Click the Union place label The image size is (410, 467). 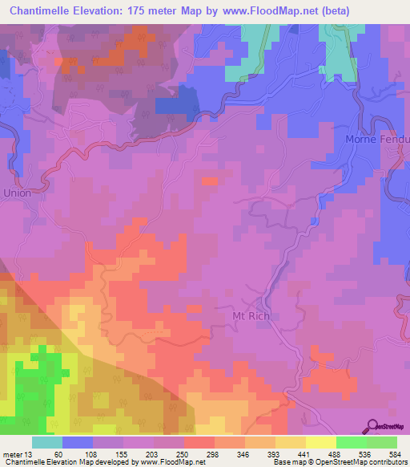tap(17, 193)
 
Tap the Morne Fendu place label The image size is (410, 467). tap(376, 139)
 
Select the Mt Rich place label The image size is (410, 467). tap(246, 316)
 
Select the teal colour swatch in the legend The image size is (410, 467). tap(47, 442)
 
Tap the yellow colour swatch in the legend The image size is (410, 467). tap(321, 442)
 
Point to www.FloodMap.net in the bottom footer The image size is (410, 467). tap(171, 463)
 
